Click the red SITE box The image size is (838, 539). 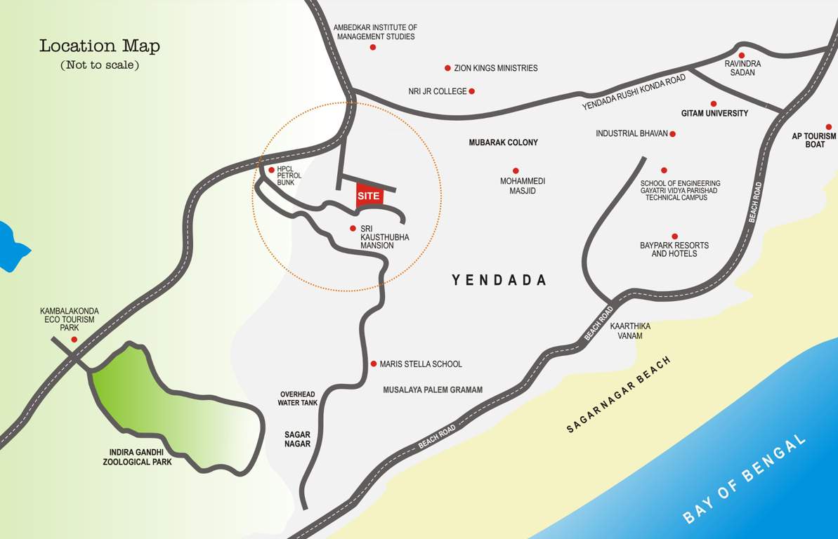tap(369, 196)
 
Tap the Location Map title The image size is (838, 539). tap(100, 46)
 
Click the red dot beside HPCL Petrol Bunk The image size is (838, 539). tap(272, 169)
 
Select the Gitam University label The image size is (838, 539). tap(714, 113)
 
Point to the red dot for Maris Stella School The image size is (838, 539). tap(374, 364)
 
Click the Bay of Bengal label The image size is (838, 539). tap(744, 479)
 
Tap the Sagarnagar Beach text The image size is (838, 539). tap(619, 394)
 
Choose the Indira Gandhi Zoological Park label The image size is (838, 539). tap(137, 457)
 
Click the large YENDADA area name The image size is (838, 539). tap(499, 280)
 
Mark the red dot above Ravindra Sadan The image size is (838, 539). tap(741, 55)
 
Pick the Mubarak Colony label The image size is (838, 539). tap(503, 142)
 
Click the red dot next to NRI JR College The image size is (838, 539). tap(471, 91)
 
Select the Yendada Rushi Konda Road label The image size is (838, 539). tap(634, 93)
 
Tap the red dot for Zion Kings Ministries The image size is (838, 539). tap(447, 68)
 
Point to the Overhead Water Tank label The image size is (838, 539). tap(299, 399)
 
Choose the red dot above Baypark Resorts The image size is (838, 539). tap(674, 237)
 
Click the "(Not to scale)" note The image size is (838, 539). tap(100, 65)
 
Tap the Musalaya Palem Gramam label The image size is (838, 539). tap(433, 390)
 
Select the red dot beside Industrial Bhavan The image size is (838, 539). tap(672, 133)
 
